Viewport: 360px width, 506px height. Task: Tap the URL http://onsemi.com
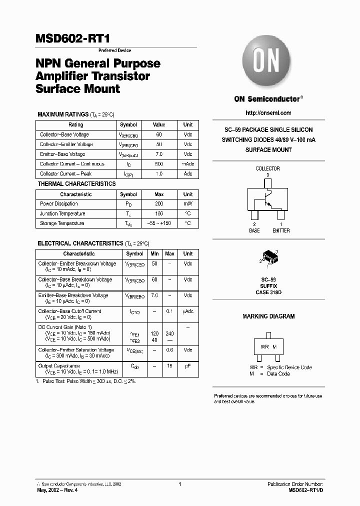[x=268, y=113]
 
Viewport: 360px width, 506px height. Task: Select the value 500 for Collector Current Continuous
[x=159, y=164]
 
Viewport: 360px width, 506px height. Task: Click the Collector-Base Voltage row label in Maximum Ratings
[x=64, y=134]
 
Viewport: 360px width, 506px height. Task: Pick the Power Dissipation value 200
[x=159, y=204]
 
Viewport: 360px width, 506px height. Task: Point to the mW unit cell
[x=187, y=204]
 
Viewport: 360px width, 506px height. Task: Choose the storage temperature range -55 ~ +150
[x=159, y=223]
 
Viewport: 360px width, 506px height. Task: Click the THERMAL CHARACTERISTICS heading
[x=76, y=184]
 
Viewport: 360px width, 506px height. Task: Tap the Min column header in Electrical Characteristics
[x=154, y=254]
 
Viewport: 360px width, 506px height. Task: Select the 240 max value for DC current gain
[x=170, y=333]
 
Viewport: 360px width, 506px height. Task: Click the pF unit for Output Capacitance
[x=187, y=366]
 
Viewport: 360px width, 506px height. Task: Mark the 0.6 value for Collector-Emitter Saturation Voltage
[x=170, y=350]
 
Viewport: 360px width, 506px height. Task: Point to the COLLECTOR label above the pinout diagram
[x=268, y=169]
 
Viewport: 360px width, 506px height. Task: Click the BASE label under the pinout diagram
[x=254, y=231]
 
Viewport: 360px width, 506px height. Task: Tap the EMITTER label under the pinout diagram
[x=281, y=231]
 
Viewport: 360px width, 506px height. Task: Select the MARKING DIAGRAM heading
[x=268, y=316]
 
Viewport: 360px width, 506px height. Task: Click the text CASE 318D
[x=269, y=292]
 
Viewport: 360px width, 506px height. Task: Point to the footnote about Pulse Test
[x=86, y=381]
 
